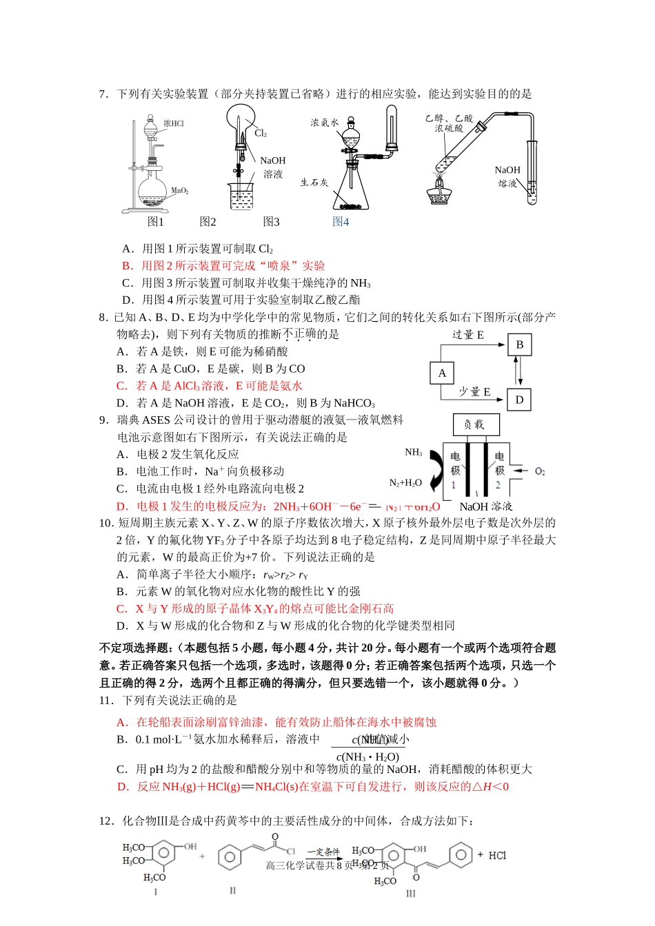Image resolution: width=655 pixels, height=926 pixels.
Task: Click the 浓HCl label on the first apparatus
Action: pos(173,123)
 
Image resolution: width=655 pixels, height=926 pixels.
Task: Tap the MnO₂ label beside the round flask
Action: pos(179,191)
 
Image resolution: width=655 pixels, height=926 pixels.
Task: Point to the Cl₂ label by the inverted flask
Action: pos(261,133)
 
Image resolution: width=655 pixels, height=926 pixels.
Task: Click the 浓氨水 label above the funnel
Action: pos(324,123)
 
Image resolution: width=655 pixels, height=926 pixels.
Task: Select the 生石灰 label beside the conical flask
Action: pos(314,183)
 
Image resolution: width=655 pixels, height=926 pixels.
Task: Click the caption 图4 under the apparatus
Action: pos(341,222)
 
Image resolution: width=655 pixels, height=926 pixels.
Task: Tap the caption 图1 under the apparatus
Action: pos(156,222)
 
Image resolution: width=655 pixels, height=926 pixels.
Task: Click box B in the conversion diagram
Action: pos(519,344)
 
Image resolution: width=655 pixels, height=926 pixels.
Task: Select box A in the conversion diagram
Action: pos(442,373)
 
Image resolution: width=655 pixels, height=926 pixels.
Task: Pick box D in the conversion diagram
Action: pos(519,400)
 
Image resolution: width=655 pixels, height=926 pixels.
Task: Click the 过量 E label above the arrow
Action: pos(468,335)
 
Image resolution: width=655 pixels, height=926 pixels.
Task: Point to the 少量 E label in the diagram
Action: pos(475,391)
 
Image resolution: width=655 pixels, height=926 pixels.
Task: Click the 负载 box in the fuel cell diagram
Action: pos(475,424)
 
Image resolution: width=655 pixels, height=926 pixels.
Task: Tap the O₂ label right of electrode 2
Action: pos(540,471)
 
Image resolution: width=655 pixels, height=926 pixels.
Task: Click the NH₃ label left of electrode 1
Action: pos(414,453)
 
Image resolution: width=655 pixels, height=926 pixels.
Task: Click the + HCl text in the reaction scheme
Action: pos(492,855)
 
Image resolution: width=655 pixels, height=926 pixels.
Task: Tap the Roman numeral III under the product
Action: pos(411,894)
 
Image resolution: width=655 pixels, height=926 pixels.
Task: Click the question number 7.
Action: pos(103,94)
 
